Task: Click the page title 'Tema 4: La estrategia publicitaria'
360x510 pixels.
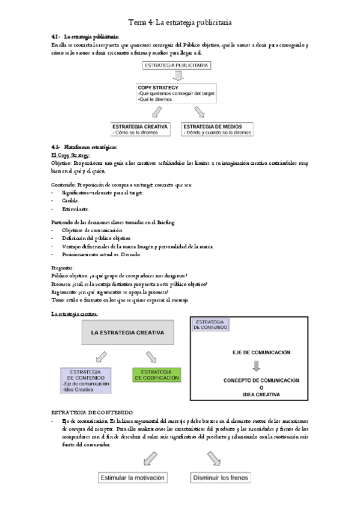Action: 181,22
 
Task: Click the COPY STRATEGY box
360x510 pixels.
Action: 176,94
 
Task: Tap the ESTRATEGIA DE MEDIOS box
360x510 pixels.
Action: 217,129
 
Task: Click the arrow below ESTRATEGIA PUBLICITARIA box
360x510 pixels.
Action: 177,76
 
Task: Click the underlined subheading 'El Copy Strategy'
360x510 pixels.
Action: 70,155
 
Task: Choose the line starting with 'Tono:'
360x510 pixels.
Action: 120,299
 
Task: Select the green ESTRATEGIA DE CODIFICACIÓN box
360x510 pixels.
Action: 156,375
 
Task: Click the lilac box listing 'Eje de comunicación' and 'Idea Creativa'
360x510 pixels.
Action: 86,380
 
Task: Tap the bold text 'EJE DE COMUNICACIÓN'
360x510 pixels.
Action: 260,352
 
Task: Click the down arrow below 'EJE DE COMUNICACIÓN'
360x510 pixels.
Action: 257,366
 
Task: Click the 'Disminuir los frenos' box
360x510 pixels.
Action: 220,478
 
